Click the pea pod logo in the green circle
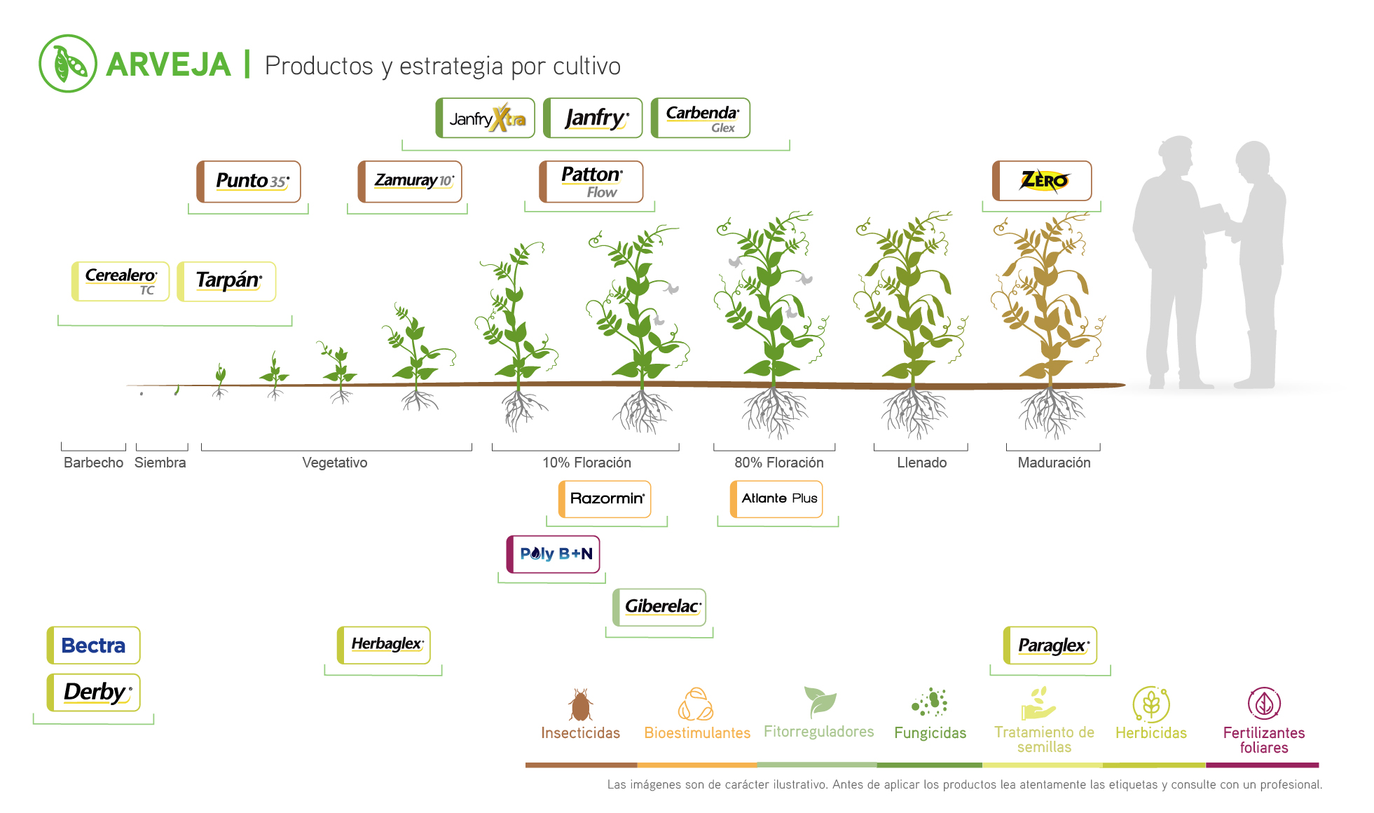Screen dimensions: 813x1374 [x=68, y=64]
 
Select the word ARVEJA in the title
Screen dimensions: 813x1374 [x=169, y=65]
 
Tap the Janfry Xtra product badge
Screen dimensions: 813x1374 [x=486, y=118]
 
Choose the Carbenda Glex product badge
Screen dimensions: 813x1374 [x=701, y=118]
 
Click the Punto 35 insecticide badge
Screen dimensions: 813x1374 [x=249, y=182]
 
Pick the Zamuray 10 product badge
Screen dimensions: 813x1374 [x=411, y=182]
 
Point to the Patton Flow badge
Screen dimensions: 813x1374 [x=591, y=182]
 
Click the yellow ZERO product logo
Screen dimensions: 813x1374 [x=1043, y=181]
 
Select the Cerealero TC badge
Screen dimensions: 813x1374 [x=121, y=281]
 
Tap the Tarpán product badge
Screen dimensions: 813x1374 [x=227, y=281]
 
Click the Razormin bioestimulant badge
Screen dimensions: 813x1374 [x=605, y=498]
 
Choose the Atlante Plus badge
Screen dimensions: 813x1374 [x=777, y=498]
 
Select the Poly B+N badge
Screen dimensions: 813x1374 [x=554, y=554]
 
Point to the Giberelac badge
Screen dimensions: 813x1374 [x=660, y=606]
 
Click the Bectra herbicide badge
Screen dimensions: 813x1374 [x=94, y=645]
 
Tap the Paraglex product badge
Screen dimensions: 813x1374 [x=1051, y=645]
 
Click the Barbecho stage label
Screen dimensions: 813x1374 [x=93, y=463]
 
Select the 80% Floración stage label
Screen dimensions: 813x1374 [x=778, y=463]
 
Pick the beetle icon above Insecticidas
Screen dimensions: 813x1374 [x=580, y=704]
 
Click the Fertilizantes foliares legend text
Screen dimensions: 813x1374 [x=1264, y=740]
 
